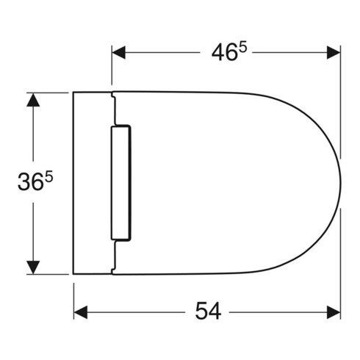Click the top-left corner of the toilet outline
[x=73, y=93]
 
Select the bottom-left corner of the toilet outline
[x=73, y=273]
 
